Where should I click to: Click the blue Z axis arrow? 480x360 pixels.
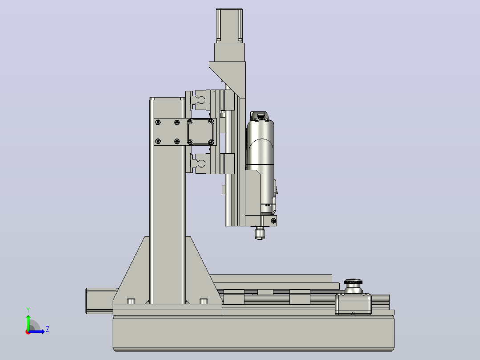click(x=36, y=331)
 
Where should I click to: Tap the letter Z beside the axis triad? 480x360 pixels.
click(x=48, y=329)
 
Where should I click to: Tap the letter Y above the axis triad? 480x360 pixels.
click(x=28, y=310)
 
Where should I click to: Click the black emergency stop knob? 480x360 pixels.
click(x=353, y=282)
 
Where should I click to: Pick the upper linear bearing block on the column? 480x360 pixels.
click(x=201, y=100)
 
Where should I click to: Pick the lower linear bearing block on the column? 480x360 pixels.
click(x=201, y=164)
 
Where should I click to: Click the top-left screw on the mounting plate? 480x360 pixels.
click(x=158, y=123)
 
